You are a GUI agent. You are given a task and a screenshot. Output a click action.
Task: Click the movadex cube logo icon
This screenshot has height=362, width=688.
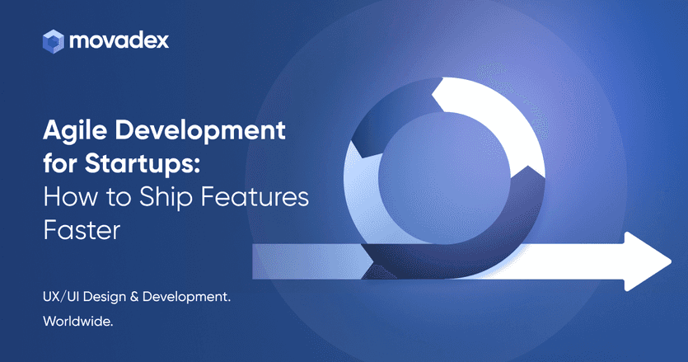[x=54, y=40]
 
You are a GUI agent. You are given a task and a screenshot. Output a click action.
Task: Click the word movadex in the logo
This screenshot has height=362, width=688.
[x=119, y=40]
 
